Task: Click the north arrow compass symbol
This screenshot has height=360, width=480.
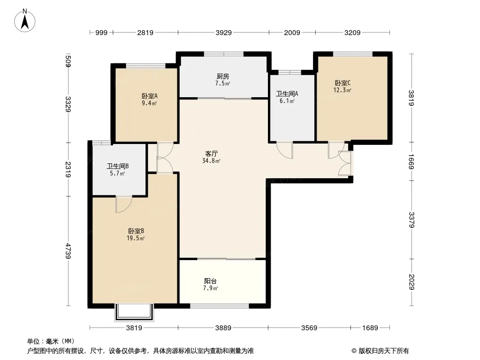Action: click(25, 21)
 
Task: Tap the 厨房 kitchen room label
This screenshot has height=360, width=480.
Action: click(222, 76)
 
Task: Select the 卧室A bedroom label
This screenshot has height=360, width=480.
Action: click(149, 96)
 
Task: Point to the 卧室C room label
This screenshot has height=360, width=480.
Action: click(343, 83)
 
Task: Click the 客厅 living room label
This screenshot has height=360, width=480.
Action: click(211, 153)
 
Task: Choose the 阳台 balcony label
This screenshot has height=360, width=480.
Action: click(211, 281)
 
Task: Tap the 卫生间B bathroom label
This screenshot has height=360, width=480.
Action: click(118, 166)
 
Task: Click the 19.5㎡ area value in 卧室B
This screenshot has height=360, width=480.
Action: click(136, 238)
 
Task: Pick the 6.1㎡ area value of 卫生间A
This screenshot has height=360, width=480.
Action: click(287, 101)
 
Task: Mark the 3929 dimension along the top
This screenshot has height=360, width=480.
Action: click(224, 32)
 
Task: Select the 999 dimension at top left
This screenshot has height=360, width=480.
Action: click(101, 32)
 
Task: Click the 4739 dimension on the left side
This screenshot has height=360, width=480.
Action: click(68, 251)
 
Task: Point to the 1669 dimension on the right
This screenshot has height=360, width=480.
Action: click(412, 162)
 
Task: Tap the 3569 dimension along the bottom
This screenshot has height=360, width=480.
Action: click(309, 328)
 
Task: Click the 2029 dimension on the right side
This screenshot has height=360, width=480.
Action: click(412, 282)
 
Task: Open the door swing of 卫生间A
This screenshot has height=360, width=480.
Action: click(285, 150)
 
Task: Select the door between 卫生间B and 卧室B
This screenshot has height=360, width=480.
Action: click(124, 204)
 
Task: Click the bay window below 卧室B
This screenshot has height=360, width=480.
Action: click(134, 312)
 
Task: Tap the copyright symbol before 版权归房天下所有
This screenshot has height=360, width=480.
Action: click(354, 351)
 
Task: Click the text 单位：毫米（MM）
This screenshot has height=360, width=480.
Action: click(51, 341)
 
